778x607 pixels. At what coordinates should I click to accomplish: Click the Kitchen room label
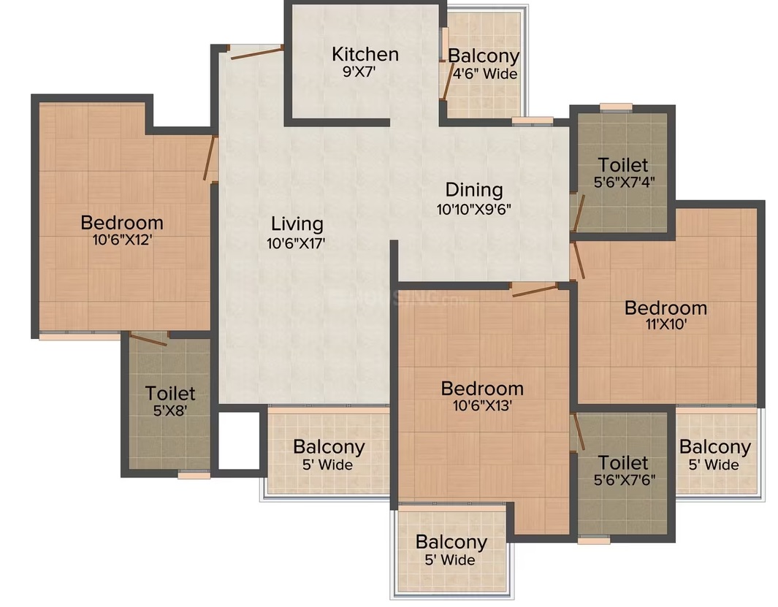365,54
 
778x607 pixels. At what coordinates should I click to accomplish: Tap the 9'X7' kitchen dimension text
359,72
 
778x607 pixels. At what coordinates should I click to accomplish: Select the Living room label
297,224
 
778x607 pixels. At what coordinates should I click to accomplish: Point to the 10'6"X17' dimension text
296,243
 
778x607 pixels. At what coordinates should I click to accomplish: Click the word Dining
474,190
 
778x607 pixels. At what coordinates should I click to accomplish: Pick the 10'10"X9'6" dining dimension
474,209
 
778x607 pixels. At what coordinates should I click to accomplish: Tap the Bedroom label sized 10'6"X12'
122,222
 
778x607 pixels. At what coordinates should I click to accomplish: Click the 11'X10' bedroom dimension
666,324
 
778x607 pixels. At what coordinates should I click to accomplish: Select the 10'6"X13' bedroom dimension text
482,405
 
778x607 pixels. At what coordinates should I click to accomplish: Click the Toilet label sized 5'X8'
170,394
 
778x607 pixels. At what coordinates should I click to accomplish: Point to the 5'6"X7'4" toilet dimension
624,182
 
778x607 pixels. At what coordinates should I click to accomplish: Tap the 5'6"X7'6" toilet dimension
625,480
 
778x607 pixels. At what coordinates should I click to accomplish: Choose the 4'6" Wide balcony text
485,74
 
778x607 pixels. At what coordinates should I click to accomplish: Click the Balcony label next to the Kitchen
484,56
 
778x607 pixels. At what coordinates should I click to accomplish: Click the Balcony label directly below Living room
329,447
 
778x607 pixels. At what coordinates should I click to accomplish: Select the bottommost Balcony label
451,543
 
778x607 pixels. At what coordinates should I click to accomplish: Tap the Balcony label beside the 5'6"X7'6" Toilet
715,447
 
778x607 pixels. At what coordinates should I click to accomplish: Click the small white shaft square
240,440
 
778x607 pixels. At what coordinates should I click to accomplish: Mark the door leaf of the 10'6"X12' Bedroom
210,158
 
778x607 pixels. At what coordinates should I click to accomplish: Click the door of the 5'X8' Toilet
148,340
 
